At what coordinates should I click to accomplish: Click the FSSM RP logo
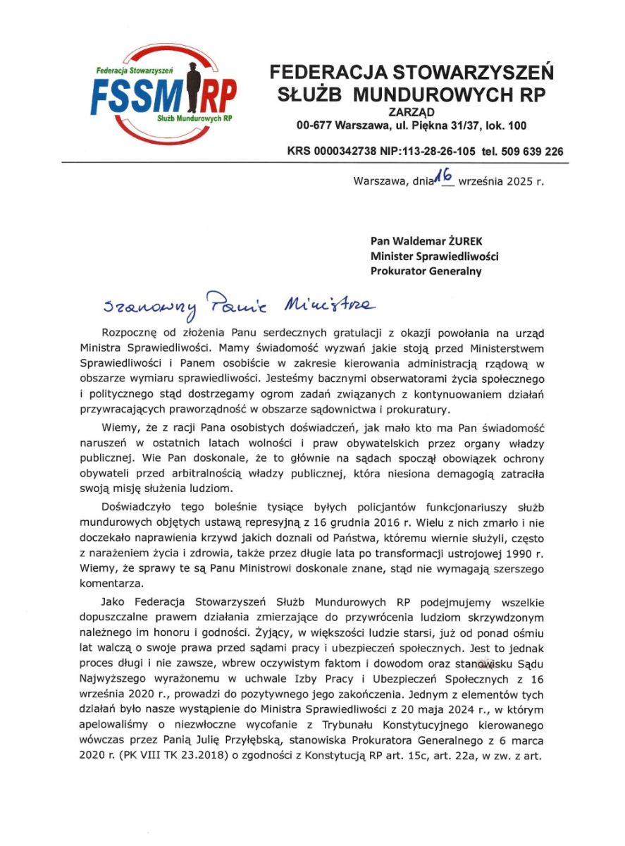163,94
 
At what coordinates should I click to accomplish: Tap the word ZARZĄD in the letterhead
411,111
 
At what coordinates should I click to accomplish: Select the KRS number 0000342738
345,151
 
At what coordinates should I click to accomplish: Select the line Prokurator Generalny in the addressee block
426,271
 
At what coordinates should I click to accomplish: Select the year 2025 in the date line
520,181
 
